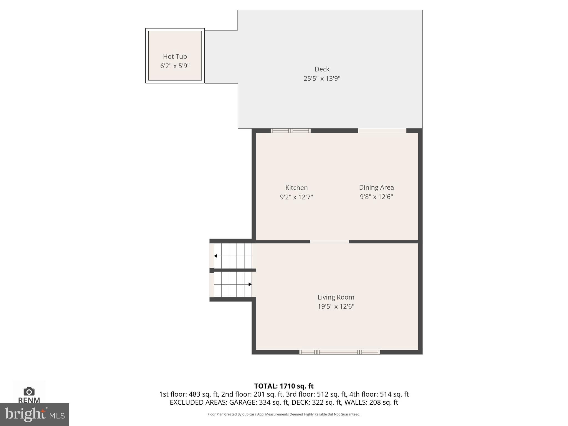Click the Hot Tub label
click(175, 57)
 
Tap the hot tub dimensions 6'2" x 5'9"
click(175, 66)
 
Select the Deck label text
click(322, 69)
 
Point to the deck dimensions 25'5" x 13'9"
click(322, 78)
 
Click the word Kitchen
click(296, 188)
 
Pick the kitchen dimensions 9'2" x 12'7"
click(296, 197)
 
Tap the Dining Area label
click(376, 187)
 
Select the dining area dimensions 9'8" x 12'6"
click(376, 197)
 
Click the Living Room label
click(336, 297)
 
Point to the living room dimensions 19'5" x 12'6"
click(336, 306)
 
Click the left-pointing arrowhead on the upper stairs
click(215, 256)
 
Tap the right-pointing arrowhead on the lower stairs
click(250, 284)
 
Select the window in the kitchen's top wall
click(290, 131)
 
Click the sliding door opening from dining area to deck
click(382, 131)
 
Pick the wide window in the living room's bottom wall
click(339, 352)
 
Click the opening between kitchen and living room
click(329, 242)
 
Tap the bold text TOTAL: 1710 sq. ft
click(284, 386)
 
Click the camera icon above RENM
click(29, 392)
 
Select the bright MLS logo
click(34, 414)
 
